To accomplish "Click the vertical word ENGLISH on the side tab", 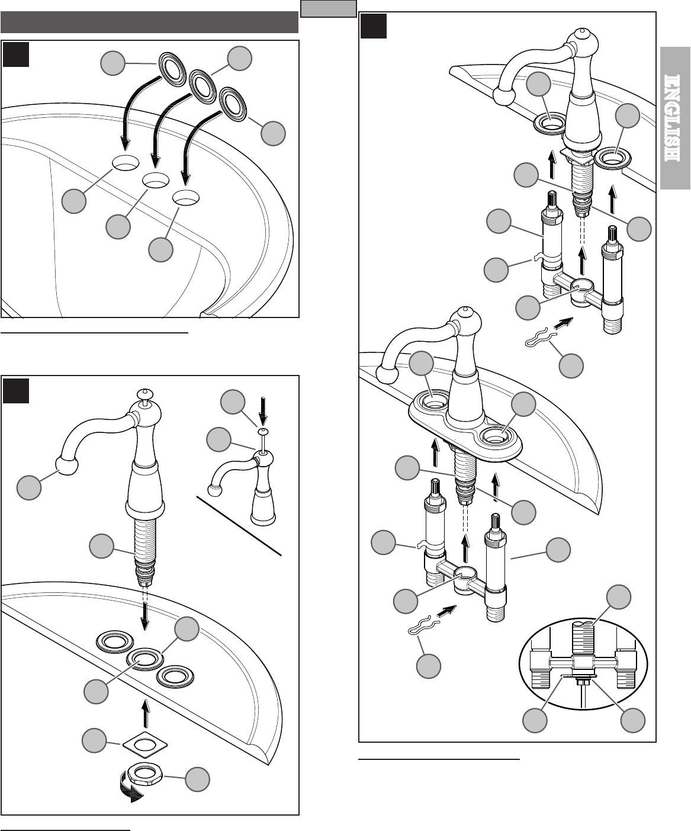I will tap(675, 118).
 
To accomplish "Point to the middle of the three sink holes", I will tap(155, 179).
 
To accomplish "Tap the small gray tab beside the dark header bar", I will tap(328, 8).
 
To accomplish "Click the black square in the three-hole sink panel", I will tap(16, 54).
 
